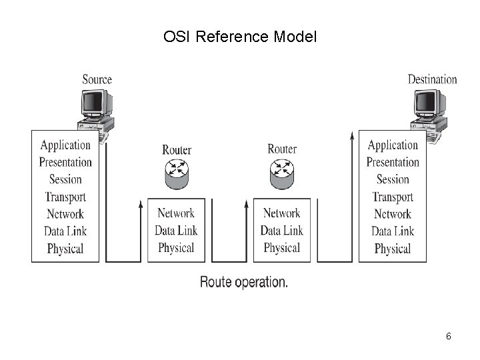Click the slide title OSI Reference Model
click(x=240, y=36)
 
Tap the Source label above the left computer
click(x=97, y=79)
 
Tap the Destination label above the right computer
click(x=432, y=79)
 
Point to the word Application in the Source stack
click(x=65, y=145)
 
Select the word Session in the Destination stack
click(x=393, y=179)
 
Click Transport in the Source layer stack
click(x=65, y=197)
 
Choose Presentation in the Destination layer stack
click(x=393, y=162)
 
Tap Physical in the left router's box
click(x=176, y=248)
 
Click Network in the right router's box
click(x=281, y=213)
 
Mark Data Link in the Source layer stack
click(x=65, y=231)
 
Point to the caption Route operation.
click(x=244, y=282)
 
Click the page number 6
click(x=449, y=336)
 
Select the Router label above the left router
click(x=177, y=149)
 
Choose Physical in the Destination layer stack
click(x=393, y=249)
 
